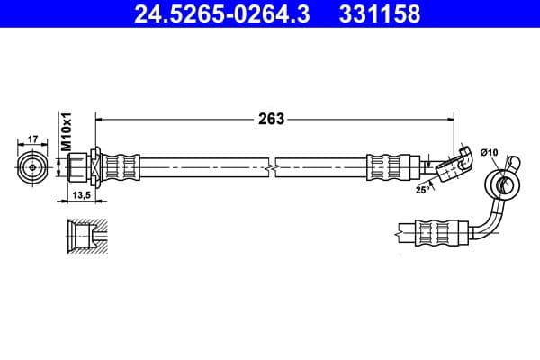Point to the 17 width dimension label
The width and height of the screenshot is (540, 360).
(32, 139)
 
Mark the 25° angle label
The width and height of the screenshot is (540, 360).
(420, 190)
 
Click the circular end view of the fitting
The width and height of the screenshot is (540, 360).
(32, 167)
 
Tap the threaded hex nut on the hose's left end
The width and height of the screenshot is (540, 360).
(78, 167)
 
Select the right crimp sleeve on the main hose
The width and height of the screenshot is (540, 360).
(389, 167)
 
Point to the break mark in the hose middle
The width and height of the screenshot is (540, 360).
(272, 167)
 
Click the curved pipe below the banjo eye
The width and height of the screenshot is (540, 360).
(490, 220)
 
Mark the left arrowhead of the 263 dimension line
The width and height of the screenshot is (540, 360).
(100, 119)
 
